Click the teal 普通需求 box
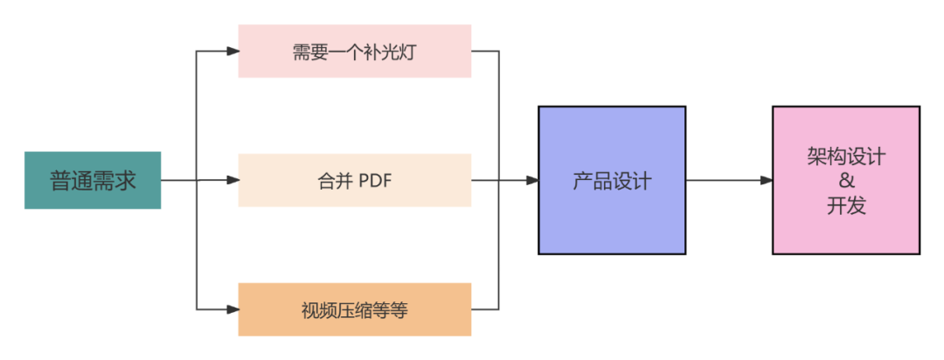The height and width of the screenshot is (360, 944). [x=93, y=181]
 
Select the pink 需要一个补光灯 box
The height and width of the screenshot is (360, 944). [x=355, y=51]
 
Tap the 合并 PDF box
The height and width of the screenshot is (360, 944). [x=355, y=181]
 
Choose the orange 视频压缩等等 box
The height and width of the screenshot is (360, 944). [x=355, y=309]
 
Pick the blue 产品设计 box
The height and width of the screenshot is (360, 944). [x=612, y=180]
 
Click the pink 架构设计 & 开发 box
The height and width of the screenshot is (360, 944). [x=846, y=180]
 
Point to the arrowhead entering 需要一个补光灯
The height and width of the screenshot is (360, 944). [x=233, y=51]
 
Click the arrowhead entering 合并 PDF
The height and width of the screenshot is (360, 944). [x=233, y=181]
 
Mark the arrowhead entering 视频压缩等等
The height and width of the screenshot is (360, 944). [x=233, y=309]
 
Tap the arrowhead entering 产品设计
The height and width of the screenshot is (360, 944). [x=531, y=181]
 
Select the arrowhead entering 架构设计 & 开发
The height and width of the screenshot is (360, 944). [x=767, y=181]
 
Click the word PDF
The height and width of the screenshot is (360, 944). [x=376, y=182]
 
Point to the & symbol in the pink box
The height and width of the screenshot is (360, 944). [x=846, y=182]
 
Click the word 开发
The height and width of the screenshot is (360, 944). [x=846, y=206]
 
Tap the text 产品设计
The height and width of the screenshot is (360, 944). [x=612, y=182]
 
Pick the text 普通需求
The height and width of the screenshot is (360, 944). [x=93, y=182]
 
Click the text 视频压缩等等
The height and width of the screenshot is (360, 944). [x=355, y=310]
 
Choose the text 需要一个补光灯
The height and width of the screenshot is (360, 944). [x=355, y=52]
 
